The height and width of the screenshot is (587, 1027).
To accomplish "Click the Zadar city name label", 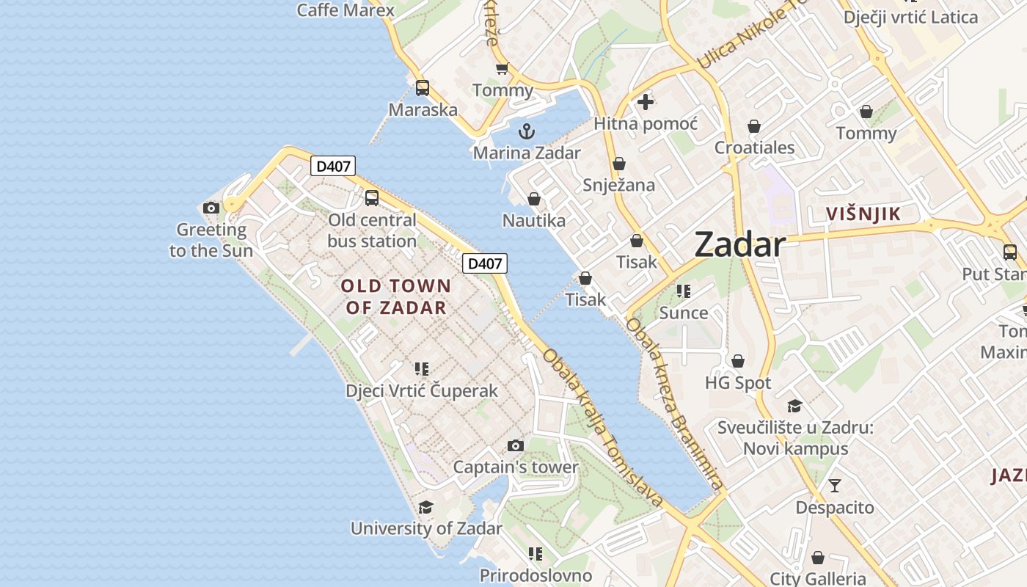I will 739,244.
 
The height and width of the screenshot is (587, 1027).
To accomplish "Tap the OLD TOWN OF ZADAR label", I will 396,296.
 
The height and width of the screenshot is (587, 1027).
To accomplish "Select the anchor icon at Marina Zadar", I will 526,132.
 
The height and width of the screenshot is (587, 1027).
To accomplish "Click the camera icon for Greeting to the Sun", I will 211,208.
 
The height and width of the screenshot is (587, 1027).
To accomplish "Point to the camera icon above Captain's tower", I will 516,445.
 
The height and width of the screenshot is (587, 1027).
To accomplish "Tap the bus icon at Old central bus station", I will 372,198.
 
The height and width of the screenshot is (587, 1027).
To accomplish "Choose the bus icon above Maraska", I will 423,88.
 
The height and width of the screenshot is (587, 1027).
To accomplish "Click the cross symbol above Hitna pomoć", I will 646,102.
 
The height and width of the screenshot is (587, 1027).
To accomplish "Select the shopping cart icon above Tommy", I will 502,69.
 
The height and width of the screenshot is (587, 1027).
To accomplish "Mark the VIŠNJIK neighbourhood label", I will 863,214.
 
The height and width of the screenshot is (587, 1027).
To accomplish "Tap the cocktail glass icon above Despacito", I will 835,486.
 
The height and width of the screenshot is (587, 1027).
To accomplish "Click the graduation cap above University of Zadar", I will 425,507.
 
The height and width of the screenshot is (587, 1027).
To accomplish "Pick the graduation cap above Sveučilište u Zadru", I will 795,406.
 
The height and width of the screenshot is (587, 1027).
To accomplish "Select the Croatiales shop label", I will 754,147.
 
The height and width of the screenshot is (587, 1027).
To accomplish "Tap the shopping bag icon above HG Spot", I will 738,361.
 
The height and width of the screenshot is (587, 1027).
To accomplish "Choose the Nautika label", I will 533,220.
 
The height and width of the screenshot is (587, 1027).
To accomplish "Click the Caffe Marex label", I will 346,10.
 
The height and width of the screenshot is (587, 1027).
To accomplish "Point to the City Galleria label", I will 818,578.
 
